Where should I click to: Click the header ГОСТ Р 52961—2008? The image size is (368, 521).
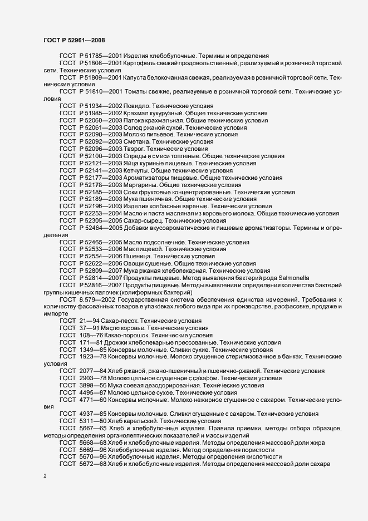pyautogui.click(x=73, y=40)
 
